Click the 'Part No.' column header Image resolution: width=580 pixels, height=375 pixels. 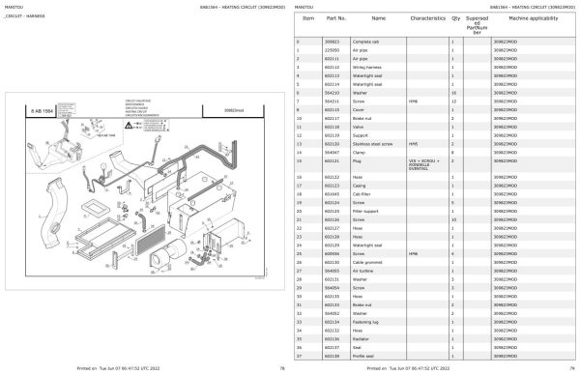point(336,18)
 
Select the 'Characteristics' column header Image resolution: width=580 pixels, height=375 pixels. point(425,18)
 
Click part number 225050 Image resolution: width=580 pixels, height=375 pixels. point(332,50)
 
